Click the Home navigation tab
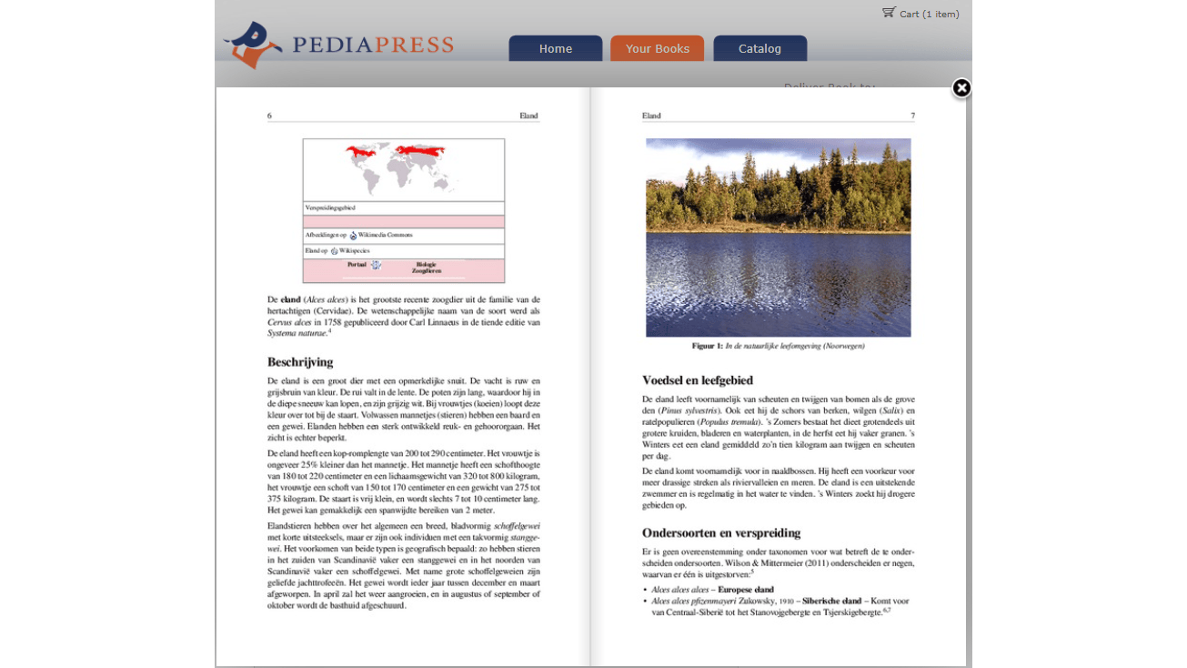point(555,49)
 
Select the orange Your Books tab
point(657,49)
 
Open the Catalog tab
point(759,49)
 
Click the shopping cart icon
point(889,13)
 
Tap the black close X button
point(961,88)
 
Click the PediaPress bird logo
point(252,45)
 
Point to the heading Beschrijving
point(300,362)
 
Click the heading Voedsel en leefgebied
point(698,380)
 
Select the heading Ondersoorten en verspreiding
point(721,533)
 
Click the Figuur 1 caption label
point(707,346)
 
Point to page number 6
point(269,116)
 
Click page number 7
point(912,116)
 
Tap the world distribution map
point(403,168)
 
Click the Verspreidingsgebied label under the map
point(330,208)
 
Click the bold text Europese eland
point(746,590)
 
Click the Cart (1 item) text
point(929,14)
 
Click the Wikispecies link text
point(354,250)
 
